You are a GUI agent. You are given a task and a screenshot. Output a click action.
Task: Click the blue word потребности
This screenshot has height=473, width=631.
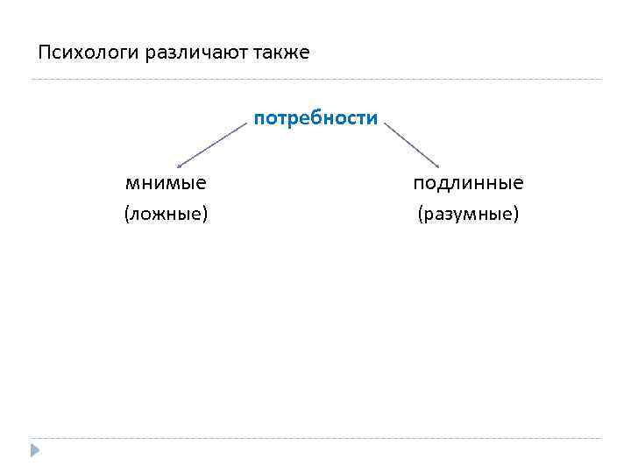316,118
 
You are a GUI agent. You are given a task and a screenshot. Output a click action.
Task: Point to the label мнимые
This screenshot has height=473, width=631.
167,183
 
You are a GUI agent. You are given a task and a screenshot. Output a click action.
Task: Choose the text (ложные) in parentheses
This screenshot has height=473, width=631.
167,214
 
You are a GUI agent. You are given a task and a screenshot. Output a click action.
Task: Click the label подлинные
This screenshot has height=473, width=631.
469,183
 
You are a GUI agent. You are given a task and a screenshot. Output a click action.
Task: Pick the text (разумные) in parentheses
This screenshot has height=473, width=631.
469,214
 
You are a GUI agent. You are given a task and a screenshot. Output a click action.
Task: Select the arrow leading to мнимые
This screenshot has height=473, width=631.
213,145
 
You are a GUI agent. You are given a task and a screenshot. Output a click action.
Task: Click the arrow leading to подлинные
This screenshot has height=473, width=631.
412,145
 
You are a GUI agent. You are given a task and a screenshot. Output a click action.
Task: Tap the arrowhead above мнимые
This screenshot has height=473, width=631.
179,165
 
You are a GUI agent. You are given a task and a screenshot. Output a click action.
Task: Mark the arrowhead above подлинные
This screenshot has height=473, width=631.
437,165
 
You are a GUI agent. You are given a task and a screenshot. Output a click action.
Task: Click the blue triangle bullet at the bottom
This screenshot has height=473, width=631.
34,450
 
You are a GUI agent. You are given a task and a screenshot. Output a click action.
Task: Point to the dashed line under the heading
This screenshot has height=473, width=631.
315,80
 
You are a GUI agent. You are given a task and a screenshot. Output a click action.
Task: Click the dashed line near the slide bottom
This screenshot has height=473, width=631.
315,438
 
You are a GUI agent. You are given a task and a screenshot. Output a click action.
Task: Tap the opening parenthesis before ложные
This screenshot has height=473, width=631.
127,214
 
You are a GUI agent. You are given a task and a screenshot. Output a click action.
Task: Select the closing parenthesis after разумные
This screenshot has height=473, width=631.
516,214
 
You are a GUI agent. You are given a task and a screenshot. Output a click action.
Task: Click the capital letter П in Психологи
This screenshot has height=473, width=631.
44,53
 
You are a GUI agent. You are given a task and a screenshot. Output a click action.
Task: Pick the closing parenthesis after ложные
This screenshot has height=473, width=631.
205,214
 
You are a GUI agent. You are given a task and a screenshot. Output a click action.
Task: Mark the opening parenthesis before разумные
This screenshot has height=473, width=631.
421,214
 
